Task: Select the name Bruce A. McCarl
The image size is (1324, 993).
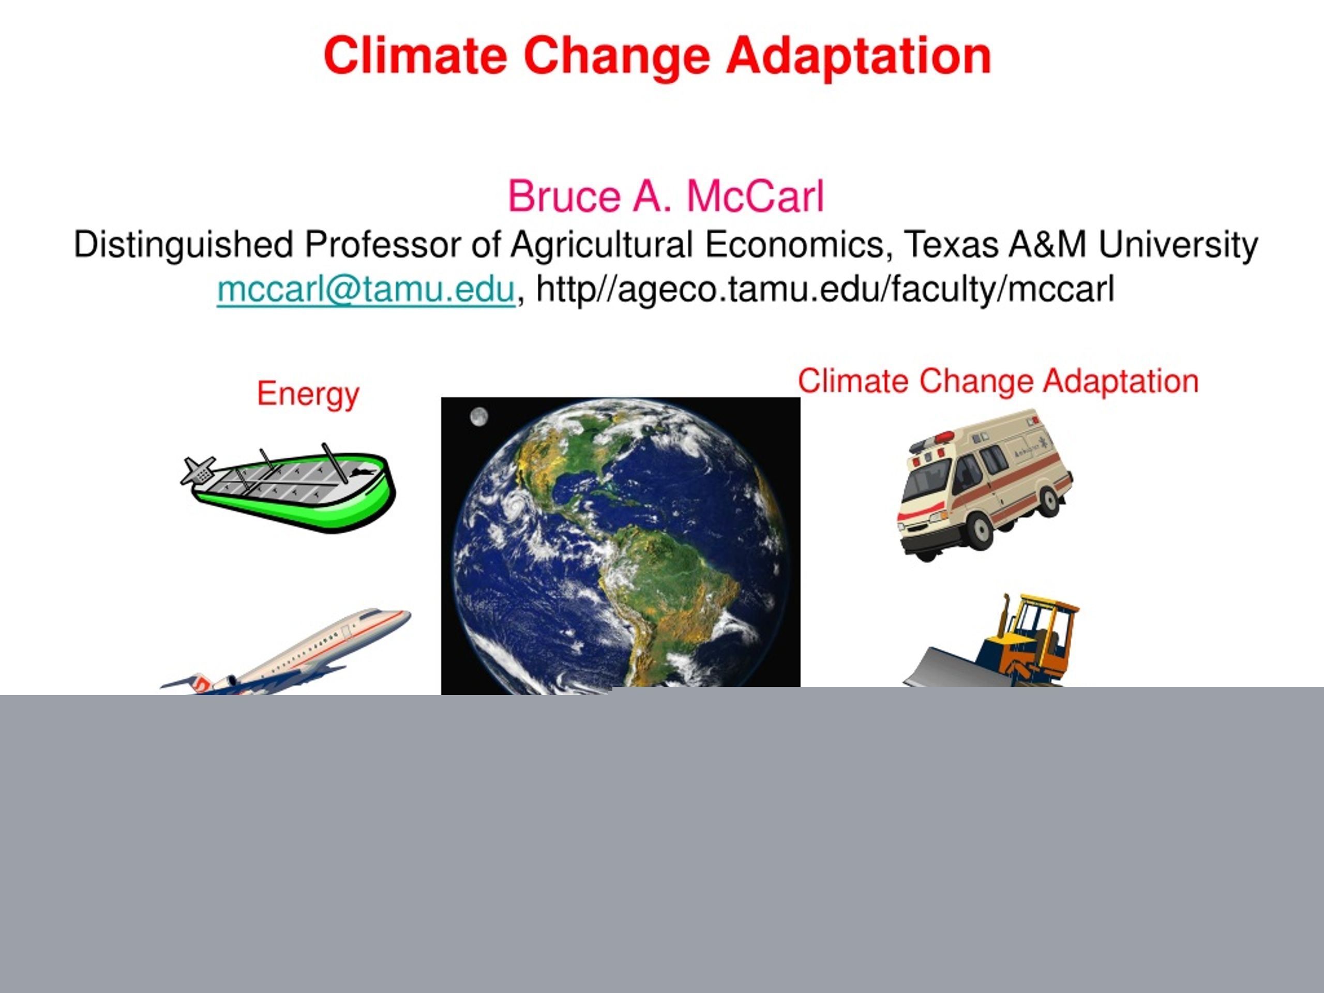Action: click(666, 197)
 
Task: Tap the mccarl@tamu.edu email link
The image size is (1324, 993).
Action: click(366, 290)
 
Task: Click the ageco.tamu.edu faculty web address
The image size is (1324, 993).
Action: click(825, 290)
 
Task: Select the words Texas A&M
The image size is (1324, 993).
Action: click(994, 244)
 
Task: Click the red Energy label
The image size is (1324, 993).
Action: click(308, 395)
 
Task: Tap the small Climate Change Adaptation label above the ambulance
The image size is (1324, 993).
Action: click(998, 381)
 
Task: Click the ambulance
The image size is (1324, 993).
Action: click(985, 485)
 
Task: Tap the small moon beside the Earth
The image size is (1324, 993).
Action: click(478, 416)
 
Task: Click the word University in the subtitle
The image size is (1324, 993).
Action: click(1178, 245)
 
